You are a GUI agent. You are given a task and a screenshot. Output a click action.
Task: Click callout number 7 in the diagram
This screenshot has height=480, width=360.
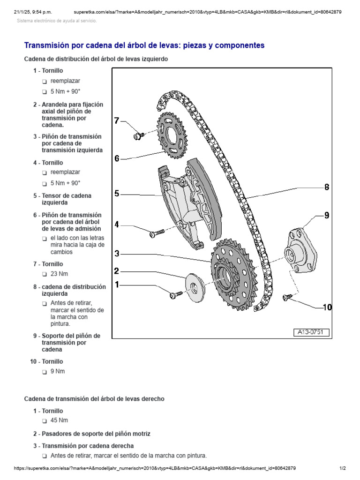click(117, 121)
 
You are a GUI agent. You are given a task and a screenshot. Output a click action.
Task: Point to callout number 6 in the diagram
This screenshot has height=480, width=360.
click(117, 158)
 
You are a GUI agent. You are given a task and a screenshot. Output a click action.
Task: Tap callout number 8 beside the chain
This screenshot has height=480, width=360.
click(327, 187)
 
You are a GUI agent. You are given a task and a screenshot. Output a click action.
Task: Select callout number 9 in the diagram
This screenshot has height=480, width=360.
click(327, 215)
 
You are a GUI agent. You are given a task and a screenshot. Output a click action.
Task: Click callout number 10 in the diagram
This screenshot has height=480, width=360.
click(327, 307)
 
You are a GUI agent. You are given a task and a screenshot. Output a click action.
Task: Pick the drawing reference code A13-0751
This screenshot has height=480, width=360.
click(312, 333)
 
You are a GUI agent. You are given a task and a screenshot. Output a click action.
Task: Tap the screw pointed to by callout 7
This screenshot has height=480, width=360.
click(139, 135)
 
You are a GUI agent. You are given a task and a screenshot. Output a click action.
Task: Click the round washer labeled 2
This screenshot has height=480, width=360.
click(194, 286)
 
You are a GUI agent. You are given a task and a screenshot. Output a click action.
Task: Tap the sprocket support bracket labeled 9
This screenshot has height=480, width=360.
click(300, 248)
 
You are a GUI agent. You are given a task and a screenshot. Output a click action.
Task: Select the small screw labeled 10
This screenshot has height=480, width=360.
click(286, 297)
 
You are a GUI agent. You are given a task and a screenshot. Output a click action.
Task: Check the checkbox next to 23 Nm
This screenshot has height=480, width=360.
click(44, 274)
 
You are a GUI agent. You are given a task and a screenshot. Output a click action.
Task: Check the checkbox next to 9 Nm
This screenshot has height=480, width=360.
click(44, 372)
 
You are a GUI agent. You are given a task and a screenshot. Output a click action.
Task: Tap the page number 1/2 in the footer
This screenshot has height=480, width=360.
click(342, 468)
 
